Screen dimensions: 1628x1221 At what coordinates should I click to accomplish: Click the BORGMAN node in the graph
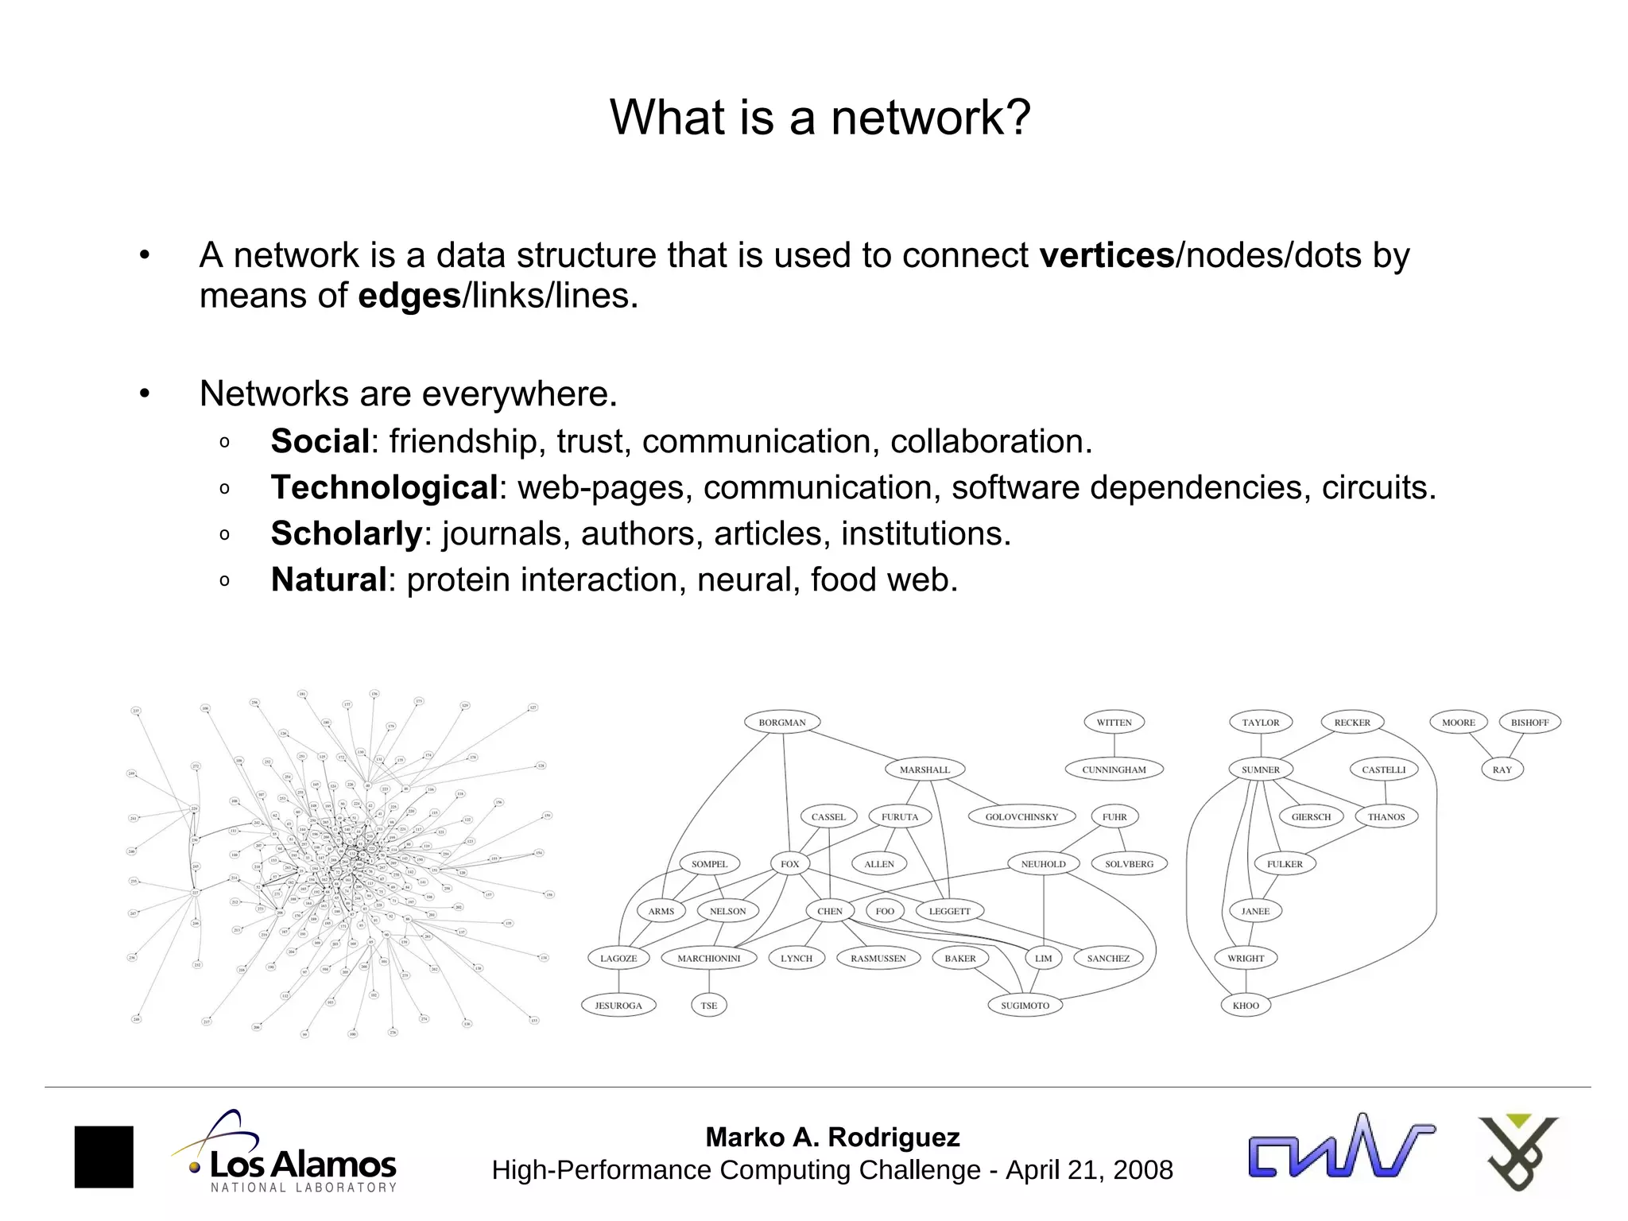pyautogui.click(x=782, y=723)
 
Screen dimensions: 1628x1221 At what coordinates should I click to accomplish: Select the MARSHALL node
pyautogui.click(x=924, y=769)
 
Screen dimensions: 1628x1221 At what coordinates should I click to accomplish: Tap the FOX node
pyautogui.click(x=789, y=864)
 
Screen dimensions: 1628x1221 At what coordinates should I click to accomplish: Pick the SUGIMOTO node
pyautogui.click(x=1025, y=1006)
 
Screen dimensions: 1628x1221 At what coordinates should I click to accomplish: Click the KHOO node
pyautogui.click(x=1246, y=1006)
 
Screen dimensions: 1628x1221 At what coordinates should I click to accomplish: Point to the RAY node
pyautogui.click(x=1502, y=769)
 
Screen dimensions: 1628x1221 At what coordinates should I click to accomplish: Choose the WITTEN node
pyautogui.click(x=1114, y=723)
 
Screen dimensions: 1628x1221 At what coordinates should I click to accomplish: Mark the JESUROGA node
pyautogui.click(x=618, y=1006)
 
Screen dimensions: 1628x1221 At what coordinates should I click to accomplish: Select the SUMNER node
pyautogui.click(x=1261, y=769)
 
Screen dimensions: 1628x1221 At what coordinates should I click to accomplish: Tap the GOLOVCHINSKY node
pyautogui.click(x=1021, y=816)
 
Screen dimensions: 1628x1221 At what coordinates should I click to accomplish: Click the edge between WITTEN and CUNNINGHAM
pyautogui.click(x=1114, y=746)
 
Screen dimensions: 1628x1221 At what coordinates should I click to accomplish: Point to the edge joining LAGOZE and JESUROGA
pyautogui.click(x=618, y=982)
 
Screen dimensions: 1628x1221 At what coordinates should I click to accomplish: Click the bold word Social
pyautogui.click(x=320, y=441)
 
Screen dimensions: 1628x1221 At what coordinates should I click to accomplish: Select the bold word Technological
pyautogui.click(x=384, y=487)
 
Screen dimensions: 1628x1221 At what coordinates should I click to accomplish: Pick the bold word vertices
pyautogui.click(x=1107, y=255)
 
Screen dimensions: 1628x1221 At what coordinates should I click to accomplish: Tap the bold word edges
pyautogui.click(x=409, y=296)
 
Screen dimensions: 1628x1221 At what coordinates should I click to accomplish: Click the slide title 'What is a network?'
pyautogui.click(x=820, y=118)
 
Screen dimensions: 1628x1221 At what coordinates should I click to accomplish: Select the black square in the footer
pyautogui.click(x=104, y=1157)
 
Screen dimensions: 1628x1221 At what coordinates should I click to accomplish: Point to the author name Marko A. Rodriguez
pyautogui.click(x=832, y=1138)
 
